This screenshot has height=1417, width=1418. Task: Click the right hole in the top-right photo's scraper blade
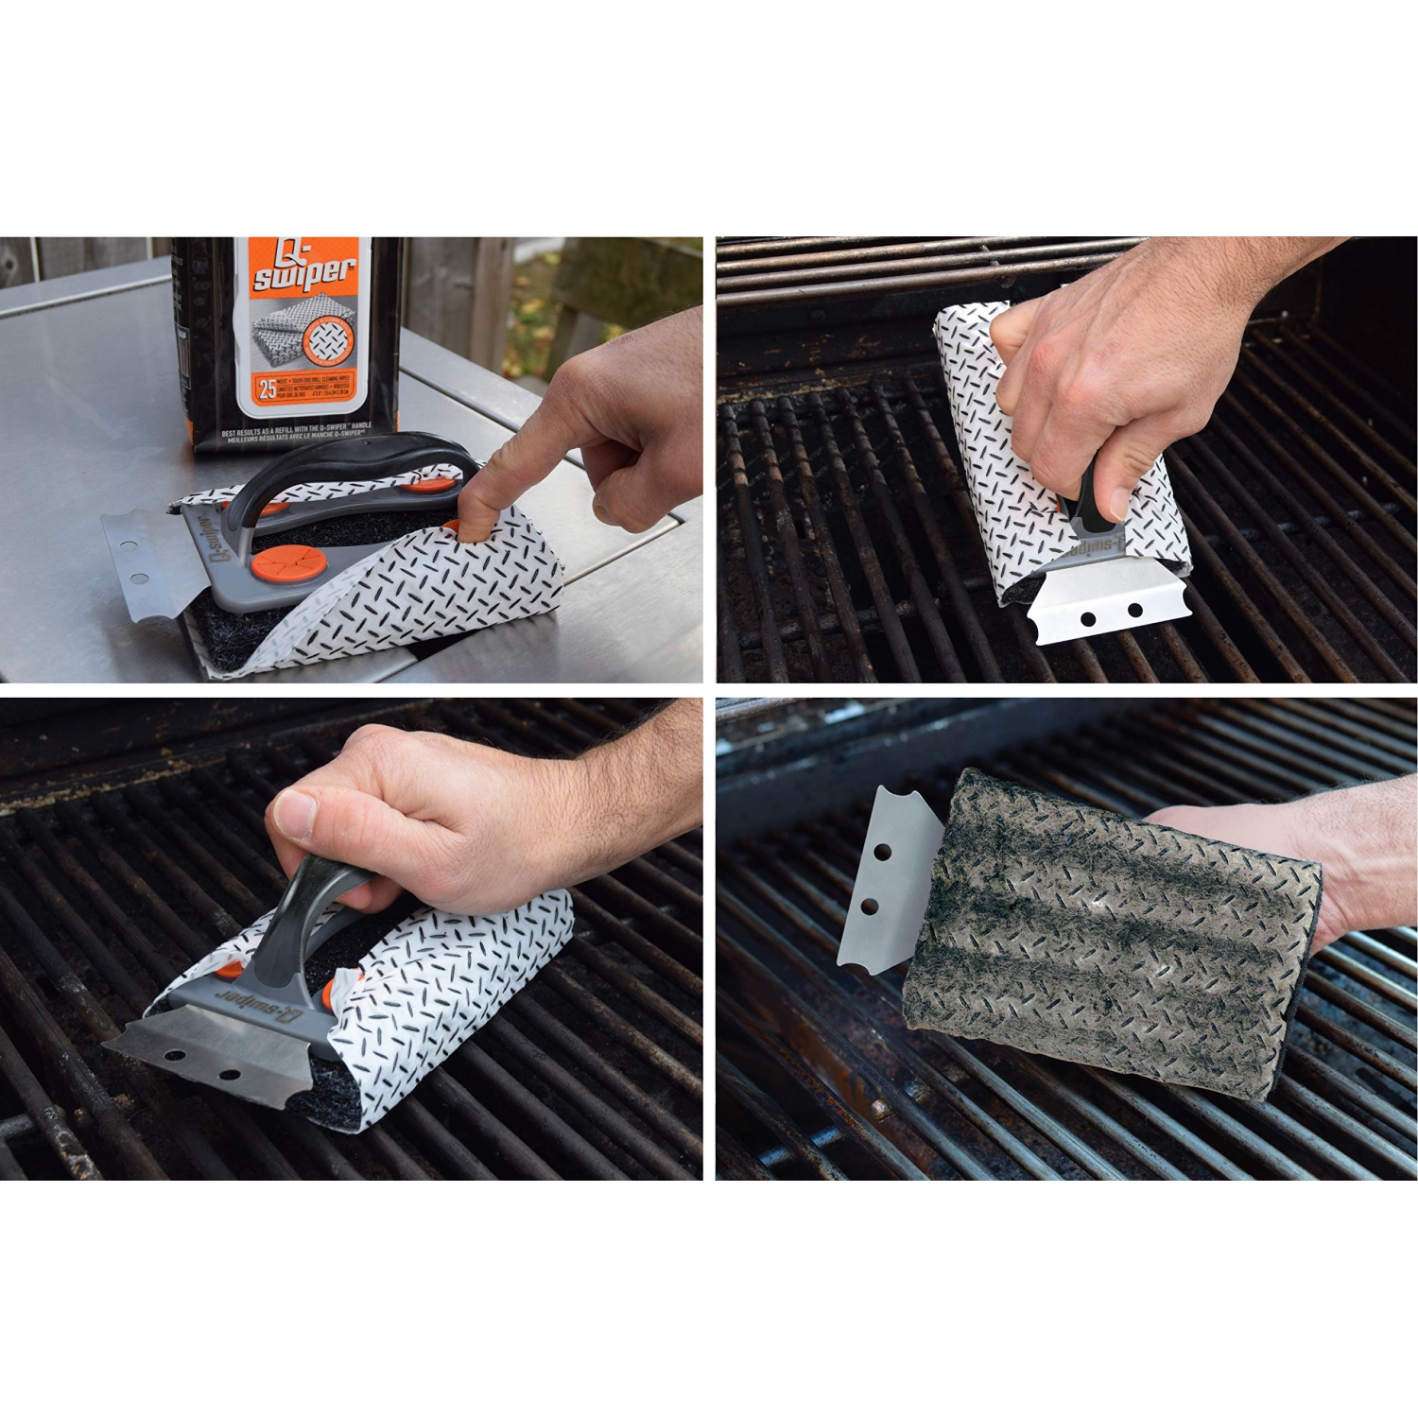coord(1134,610)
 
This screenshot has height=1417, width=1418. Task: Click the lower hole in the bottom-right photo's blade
coord(871,907)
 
